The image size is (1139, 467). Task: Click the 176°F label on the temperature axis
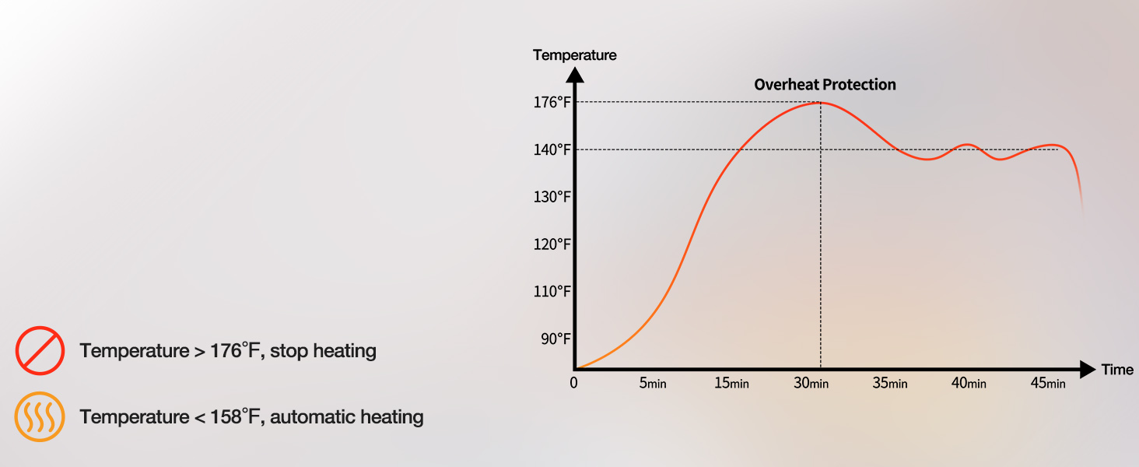pos(552,102)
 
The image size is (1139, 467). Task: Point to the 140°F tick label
pos(552,149)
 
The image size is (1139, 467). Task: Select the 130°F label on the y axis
pos(552,197)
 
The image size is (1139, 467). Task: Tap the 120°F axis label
pos(552,244)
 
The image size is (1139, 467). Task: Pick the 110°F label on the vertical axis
pos(552,292)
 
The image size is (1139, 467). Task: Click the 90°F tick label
pos(555,339)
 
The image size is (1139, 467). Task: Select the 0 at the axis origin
pos(573,383)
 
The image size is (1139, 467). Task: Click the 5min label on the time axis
pos(653,383)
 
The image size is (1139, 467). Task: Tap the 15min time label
pos(731,383)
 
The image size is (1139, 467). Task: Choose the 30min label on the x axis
pos(811,383)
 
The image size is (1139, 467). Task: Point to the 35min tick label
pos(890,383)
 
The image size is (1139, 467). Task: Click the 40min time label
pos(969,383)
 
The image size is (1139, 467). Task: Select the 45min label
pos(1048,383)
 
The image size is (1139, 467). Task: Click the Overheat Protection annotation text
pos(825,85)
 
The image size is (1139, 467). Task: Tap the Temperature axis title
pos(574,55)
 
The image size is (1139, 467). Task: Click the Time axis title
pos(1117,370)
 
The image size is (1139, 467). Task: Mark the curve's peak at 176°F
pos(821,103)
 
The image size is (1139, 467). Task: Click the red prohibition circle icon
pos(40,350)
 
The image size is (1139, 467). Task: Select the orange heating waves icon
pos(40,416)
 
